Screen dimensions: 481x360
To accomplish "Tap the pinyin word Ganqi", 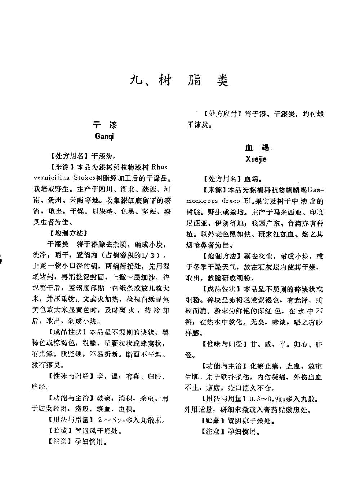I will (x=104, y=137).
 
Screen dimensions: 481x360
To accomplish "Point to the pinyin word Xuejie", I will (x=256, y=159).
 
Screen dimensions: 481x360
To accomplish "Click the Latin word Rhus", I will (x=159, y=167).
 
